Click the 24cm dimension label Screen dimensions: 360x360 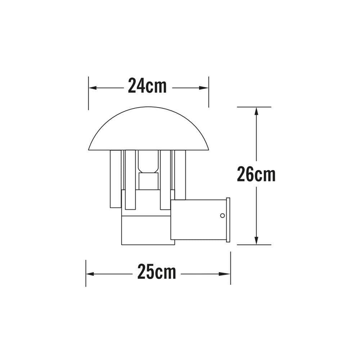coord(147,86)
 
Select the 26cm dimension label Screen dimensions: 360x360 coord(256,175)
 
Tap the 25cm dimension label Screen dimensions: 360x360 coord(157,273)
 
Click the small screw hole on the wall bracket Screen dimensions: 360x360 coord(222,216)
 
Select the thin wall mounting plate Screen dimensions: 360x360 coord(228,220)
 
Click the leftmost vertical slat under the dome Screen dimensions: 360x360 coord(116,179)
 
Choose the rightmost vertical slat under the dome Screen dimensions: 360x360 coord(180,175)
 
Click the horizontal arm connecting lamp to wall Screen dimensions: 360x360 coord(198,220)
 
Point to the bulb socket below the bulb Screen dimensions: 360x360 coord(148,181)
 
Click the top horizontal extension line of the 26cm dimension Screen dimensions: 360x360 coord(254,107)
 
